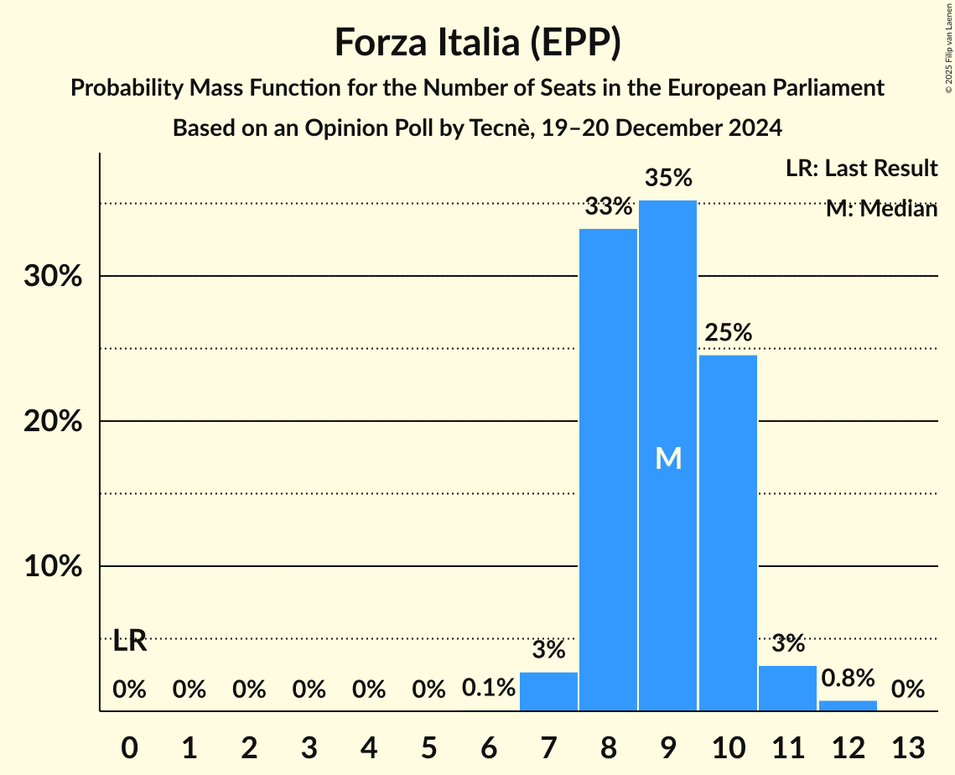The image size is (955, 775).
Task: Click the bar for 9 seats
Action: click(x=667, y=377)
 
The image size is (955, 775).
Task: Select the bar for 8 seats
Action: click(x=608, y=470)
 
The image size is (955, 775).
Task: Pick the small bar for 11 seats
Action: click(x=787, y=689)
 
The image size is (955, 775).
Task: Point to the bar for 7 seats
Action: click(x=548, y=692)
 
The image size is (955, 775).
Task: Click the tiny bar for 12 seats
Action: click(x=848, y=705)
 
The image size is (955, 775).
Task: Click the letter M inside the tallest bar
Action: click(x=668, y=458)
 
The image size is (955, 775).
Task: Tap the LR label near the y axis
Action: click(x=130, y=642)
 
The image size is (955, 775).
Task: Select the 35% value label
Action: click(x=668, y=178)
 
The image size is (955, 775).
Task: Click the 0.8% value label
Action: click(x=848, y=678)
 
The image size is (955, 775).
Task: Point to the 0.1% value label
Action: click(x=489, y=689)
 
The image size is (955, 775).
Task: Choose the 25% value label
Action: click(x=728, y=333)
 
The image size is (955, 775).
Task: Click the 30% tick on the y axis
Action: click(x=53, y=276)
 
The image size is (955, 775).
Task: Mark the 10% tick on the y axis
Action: click(x=53, y=566)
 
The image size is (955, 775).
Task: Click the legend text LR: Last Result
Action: click(x=861, y=169)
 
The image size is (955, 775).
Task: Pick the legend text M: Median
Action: click(x=880, y=209)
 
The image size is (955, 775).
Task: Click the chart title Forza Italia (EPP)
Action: click(x=477, y=43)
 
